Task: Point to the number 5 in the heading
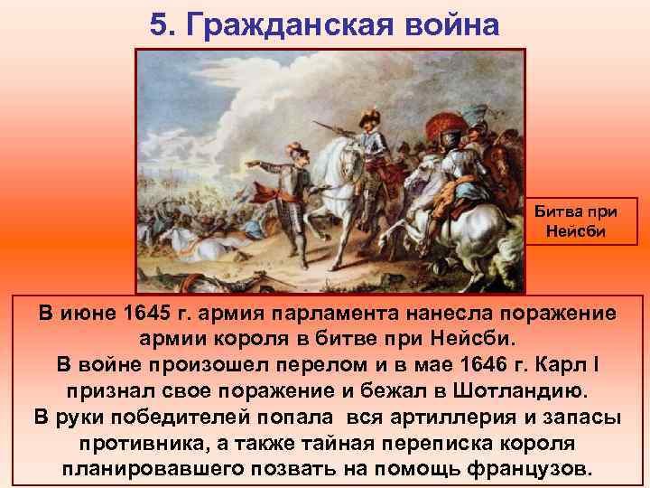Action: pos(160,24)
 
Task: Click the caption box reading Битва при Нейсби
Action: pos(582,221)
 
